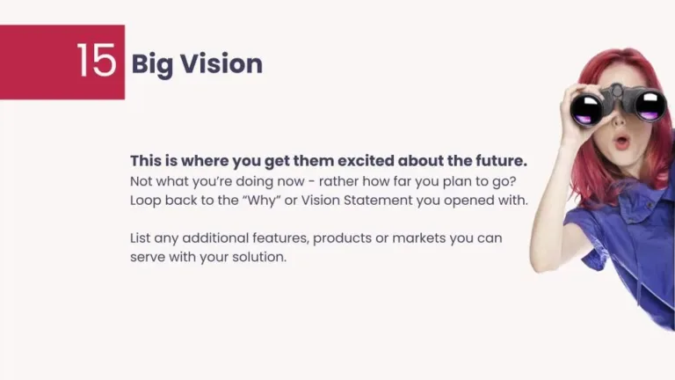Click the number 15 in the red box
pos(96,61)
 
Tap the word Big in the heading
pos(149,65)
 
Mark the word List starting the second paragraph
pos(142,238)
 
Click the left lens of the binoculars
pos(586,110)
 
